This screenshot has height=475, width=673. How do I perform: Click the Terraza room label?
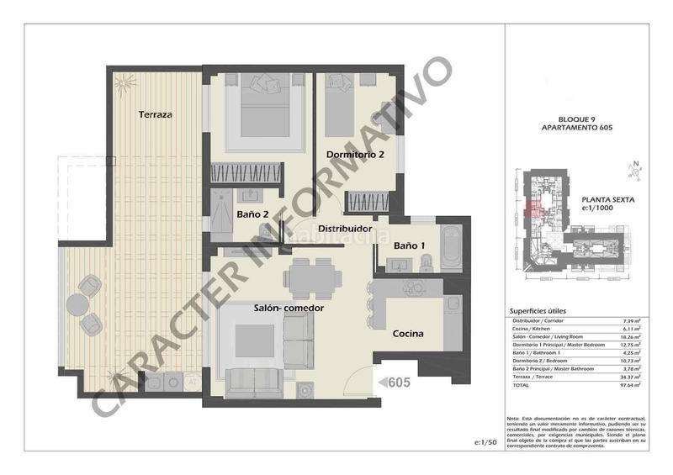[x=156, y=113]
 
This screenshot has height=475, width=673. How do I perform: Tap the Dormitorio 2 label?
[x=355, y=155]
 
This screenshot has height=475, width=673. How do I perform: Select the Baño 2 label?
[x=252, y=214]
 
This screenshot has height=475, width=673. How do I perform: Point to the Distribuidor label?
[x=345, y=228]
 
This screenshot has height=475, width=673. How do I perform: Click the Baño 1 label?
[x=411, y=245]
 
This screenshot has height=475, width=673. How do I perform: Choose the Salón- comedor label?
[x=289, y=309]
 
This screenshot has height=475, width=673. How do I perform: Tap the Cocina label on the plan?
[x=408, y=334]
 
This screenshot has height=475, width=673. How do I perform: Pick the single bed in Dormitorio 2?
[x=340, y=109]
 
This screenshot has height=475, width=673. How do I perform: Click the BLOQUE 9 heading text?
[x=575, y=120]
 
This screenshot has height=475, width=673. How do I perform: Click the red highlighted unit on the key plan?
[x=532, y=209]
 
